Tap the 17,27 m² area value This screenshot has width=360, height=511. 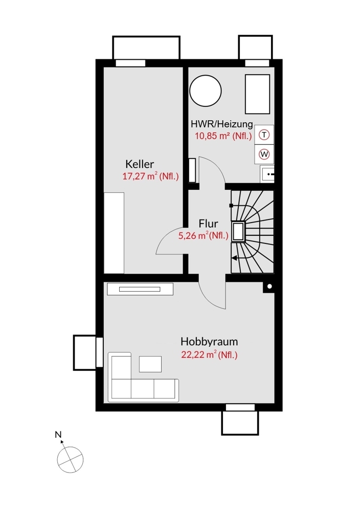coord(150,177)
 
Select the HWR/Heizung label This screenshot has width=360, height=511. coord(221,124)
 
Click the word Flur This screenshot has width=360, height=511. coord(208,224)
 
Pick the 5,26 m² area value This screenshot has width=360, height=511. coord(203,236)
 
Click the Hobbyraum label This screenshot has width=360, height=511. coord(209,342)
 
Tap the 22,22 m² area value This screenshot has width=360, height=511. coord(209,355)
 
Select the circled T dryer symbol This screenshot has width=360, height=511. coord(264,135)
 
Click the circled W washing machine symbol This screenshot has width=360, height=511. coord(264,154)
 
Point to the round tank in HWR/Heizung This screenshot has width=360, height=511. coord(206,91)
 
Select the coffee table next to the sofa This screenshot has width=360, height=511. coord(151,364)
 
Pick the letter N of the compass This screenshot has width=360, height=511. coord(58,435)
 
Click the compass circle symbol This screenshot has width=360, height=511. coord(70,458)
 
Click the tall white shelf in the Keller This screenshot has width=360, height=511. coord(114,233)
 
